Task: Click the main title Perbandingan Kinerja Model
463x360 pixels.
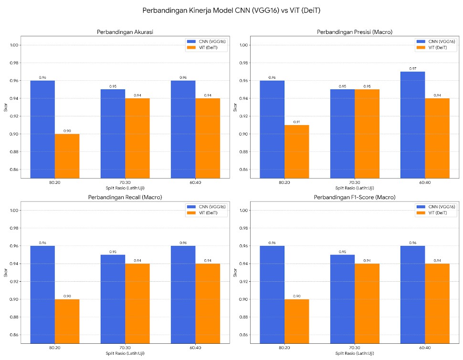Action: [231, 10]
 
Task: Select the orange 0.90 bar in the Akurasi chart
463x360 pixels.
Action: [67, 156]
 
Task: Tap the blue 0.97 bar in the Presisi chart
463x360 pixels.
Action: [412, 125]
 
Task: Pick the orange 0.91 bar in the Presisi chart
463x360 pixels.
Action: [296, 151]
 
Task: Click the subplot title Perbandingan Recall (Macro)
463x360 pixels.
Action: [126, 197]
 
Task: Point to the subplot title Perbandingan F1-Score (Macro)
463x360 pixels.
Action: [354, 197]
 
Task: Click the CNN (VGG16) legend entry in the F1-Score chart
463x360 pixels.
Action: [435, 206]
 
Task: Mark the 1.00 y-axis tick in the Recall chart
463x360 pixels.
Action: [14, 210]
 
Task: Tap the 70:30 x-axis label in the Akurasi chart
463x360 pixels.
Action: [125, 182]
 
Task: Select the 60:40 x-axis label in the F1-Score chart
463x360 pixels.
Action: [425, 348]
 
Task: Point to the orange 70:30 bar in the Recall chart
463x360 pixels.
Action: [137, 303]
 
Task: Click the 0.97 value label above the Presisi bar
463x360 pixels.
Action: [412, 68]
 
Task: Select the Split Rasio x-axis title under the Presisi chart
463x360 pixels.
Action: [354, 188]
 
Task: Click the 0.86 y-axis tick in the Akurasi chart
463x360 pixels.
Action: [14, 169]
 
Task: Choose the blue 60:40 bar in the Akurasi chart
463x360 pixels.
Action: [183, 129]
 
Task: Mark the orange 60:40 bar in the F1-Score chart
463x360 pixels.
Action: [437, 303]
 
